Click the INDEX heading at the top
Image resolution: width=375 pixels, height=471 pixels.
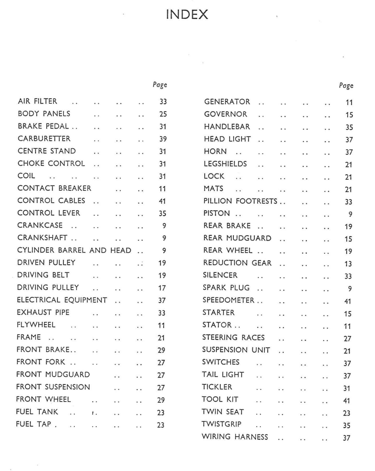[x=187, y=14]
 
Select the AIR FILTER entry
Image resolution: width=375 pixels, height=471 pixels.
[x=38, y=101]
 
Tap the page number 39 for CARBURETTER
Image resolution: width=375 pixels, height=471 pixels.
[x=163, y=139]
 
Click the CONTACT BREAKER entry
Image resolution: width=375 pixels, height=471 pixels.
[x=54, y=188]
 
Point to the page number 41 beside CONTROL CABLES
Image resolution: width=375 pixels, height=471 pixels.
[x=162, y=201]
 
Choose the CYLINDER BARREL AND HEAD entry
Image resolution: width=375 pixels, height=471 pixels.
[x=74, y=250]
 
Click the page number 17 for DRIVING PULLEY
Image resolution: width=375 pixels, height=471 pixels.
[x=162, y=288]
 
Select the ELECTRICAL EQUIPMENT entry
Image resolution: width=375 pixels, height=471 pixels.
[x=62, y=300]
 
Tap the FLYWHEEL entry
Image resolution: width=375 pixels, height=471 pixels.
[x=36, y=325]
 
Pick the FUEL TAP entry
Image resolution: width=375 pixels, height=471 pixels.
[x=34, y=424]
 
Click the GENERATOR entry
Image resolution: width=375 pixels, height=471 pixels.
[x=227, y=102]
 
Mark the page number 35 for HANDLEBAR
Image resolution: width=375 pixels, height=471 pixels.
[x=349, y=127]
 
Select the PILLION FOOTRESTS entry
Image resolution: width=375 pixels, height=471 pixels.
[x=240, y=201]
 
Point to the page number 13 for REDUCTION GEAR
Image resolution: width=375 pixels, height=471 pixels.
[x=348, y=264]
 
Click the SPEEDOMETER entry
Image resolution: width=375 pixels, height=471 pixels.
[x=228, y=300]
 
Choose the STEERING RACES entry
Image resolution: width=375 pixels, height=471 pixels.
[x=233, y=338]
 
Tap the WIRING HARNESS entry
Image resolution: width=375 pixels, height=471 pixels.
[x=235, y=437]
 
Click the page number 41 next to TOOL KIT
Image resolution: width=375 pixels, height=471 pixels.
[x=346, y=401]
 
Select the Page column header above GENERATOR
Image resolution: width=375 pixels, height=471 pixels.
[x=346, y=86]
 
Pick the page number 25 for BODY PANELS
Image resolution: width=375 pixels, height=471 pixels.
[x=163, y=114]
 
